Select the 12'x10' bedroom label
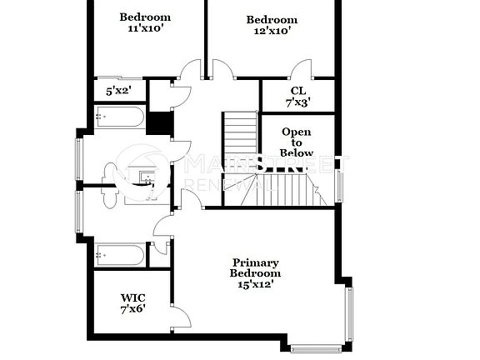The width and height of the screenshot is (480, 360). click(x=272, y=25)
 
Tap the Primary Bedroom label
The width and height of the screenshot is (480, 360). click(x=255, y=272)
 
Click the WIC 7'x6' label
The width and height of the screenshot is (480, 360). click(x=132, y=302)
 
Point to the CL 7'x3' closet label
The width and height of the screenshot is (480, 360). click(x=297, y=97)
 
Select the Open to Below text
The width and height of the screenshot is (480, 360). click(x=297, y=142)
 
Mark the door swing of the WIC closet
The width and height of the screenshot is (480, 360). click(x=181, y=317)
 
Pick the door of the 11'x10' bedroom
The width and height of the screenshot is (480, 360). click(x=192, y=70)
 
